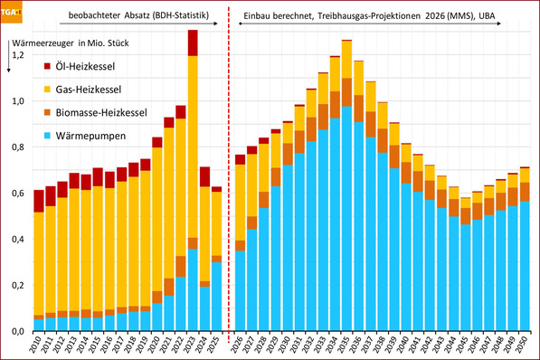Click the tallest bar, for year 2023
[193, 181]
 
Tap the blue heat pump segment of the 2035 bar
[346, 217]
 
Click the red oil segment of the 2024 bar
[205, 176]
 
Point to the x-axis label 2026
[241, 346]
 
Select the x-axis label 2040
[406, 346]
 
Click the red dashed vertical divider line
[228, 181]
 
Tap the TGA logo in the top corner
[13, 12]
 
